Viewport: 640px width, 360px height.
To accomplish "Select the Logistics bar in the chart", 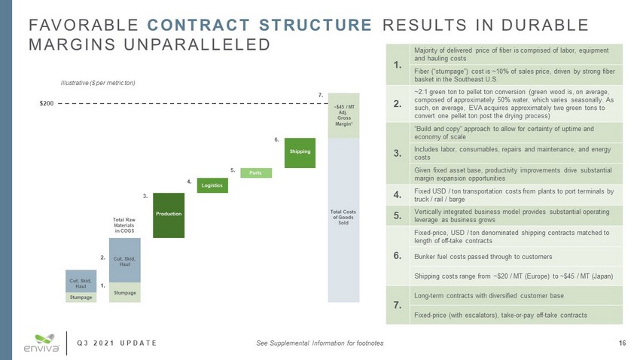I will (212, 184).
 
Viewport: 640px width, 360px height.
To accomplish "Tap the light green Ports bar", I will (256, 172).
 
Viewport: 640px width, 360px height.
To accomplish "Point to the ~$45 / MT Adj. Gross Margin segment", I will (343, 115).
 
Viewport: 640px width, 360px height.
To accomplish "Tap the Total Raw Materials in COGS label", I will (123, 225).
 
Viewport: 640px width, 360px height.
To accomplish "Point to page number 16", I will (622, 343).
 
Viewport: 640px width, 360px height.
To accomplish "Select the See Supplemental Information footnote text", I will (319, 343).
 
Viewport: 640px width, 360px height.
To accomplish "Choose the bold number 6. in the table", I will (397, 256).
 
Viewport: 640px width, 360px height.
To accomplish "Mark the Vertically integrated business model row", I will (513, 218).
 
